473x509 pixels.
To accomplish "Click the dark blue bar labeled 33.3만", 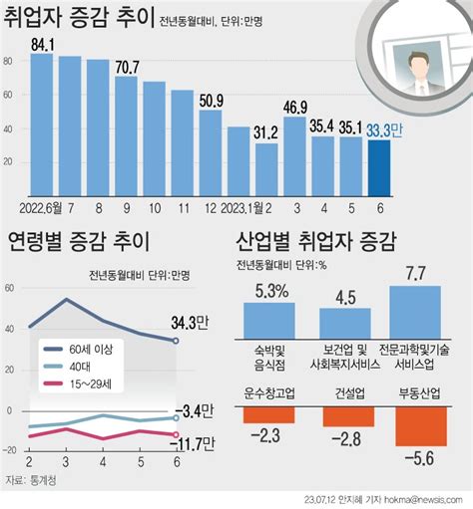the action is [379, 168].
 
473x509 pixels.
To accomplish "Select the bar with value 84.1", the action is [42, 125].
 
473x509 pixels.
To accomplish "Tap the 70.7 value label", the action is [128, 68].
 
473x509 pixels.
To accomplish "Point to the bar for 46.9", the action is [294, 156].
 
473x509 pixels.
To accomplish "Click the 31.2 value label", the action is [265, 133].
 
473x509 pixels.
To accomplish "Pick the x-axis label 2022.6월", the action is [40, 208].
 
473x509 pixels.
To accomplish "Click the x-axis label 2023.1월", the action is [241, 208].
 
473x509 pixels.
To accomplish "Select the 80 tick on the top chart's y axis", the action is [8, 61].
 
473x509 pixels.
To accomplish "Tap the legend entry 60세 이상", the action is [78, 350].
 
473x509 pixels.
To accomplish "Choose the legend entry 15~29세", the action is [77, 384].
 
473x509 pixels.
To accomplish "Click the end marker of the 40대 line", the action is [176, 418].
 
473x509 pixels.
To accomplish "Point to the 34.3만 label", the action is [190, 323].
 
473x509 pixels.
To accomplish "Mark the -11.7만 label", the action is [193, 444].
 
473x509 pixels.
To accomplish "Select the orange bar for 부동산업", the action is [421, 426].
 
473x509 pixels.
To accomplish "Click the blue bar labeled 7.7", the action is [415, 313].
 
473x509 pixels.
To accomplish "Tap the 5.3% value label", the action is [271, 291].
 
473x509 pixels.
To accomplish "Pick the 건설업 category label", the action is [349, 393].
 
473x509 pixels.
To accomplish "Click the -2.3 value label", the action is [266, 435].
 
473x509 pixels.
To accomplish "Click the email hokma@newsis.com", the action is [423, 500].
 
